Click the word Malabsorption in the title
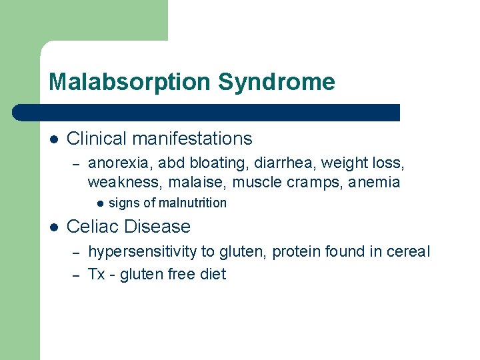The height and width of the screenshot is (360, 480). pos(129,82)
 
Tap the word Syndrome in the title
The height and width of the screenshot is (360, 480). pos(277,82)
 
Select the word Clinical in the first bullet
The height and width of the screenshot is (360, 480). pos(96,139)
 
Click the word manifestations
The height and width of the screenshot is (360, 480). pos(192,139)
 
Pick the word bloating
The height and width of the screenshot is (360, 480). pos(217,163)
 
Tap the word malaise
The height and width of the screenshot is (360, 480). pos(197,182)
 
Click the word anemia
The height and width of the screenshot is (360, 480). pos(374,183)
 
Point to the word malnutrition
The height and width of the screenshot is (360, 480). pos(193,203)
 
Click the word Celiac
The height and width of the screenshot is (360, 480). pos(93,227)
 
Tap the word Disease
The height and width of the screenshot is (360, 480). pos(157,227)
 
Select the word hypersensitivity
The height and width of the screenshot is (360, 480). pos(143,251)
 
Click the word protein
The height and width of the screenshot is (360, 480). pos(296,252)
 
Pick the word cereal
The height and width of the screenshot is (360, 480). pos(409,251)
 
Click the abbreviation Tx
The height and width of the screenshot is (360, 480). pos(97,274)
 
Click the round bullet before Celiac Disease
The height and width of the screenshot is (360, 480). pos(54,227)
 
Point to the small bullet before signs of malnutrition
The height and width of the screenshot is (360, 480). pos(100,203)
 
